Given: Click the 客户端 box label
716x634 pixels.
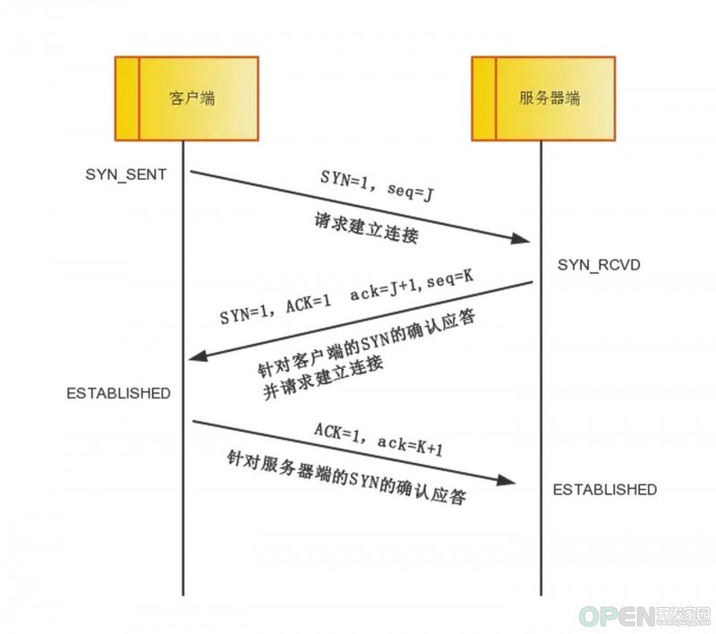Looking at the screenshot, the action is [192, 99].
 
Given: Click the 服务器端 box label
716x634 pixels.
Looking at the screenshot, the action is [550, 99].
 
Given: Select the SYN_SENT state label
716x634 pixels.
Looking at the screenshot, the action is [126, 175].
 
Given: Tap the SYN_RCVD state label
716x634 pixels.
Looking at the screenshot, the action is [599, 265].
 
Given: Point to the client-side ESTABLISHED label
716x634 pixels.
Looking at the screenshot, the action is [119, 393].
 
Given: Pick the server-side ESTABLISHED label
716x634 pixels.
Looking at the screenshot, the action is [605, 490].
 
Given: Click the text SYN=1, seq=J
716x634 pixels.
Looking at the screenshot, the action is [377, 186].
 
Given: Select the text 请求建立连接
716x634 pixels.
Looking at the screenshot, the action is [366, 228].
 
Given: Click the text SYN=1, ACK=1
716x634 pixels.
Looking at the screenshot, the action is [276, 311].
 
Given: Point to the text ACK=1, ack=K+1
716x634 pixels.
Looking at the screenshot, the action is [379, 440].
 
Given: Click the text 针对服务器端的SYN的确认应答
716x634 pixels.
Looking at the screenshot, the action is [346, 478].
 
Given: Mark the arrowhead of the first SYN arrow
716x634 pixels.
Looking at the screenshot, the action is [521, 238].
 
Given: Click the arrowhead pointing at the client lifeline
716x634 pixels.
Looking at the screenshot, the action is [198, 356].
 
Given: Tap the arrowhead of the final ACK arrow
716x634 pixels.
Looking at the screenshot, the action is [506, 480].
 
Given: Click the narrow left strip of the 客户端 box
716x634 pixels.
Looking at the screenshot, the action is [127, 99].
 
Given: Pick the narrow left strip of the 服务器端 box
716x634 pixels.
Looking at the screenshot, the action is [484, 99].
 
